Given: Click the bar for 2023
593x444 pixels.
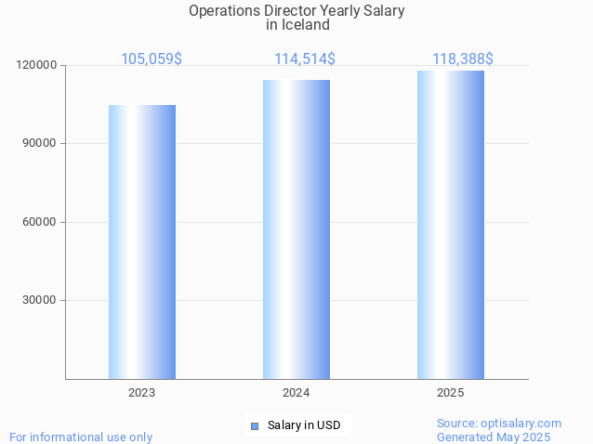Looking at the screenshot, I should [142, 242].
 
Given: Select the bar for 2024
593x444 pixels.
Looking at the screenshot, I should [296, 229].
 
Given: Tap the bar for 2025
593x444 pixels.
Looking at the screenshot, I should [451, 225].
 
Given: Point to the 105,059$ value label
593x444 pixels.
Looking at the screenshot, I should [152, 59].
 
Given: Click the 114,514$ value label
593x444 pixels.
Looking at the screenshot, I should [305, 59].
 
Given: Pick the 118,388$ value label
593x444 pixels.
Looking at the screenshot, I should [463, 59].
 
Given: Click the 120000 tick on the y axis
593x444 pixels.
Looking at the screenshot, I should [36, 65].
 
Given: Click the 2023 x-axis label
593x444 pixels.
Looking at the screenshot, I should [142, 393].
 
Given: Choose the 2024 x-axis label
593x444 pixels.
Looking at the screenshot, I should [296, 393].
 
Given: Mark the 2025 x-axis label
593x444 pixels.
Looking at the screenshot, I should [451, 393].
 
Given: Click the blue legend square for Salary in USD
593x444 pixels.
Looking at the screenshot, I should [255, 426].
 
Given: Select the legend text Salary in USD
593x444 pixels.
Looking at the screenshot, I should [304, 425].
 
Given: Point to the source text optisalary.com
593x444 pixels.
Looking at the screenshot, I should [521, 424].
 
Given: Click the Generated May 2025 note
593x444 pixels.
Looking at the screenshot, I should [494, 437].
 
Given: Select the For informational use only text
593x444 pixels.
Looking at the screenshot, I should [81, 437].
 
